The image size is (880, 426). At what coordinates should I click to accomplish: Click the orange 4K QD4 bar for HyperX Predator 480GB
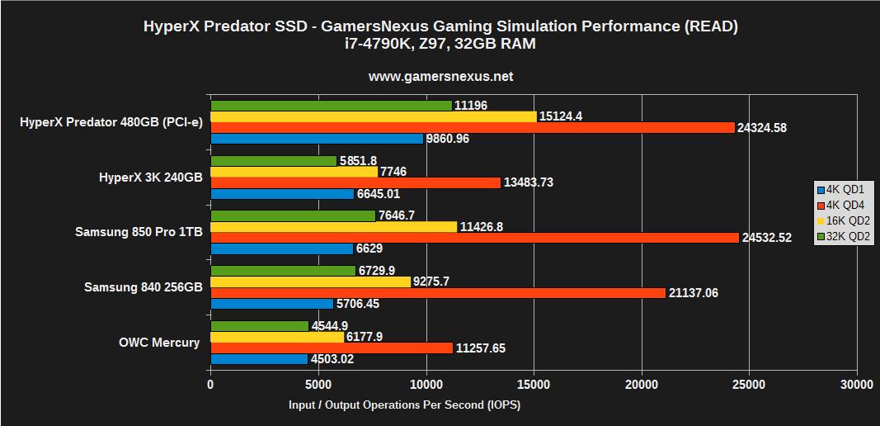coord(473,127)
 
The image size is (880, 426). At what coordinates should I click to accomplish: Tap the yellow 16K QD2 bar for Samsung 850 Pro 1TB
coord(334,226)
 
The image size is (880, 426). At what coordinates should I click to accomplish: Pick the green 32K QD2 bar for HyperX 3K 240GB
coord(274,160)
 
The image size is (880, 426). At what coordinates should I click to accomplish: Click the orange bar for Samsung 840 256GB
coord(438,292)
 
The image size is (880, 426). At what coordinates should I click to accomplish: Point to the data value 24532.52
coord(767,238)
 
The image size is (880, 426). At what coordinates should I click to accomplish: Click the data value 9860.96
coord(449,139)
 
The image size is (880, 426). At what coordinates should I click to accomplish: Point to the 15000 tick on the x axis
coord(534,385)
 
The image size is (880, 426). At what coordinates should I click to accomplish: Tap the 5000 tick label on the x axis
coord(318,385)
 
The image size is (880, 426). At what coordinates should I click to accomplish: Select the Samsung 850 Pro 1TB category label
coord(139,232)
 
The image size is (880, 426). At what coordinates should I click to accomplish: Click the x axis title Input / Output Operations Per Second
coord(404,405)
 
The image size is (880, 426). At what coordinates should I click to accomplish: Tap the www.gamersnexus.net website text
coord(440,76)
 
